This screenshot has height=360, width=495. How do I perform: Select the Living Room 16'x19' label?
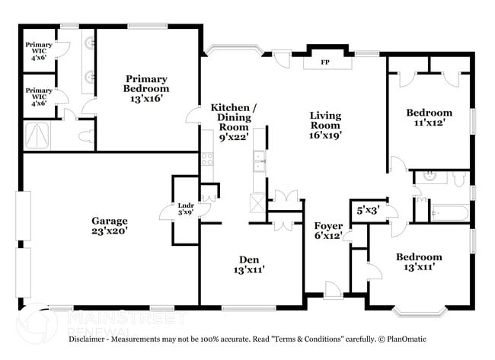325,126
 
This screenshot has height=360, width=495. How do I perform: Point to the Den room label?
248,264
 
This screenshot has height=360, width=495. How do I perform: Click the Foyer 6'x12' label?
328,231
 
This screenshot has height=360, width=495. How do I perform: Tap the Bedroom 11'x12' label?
429,117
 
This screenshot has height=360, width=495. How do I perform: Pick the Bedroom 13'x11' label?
419,263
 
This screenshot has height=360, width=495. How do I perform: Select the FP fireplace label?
324,62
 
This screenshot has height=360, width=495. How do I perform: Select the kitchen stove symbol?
206,159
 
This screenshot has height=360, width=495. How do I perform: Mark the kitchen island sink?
260,160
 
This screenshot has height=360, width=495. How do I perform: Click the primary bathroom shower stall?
38,135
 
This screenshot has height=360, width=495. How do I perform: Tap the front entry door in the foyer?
333,290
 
